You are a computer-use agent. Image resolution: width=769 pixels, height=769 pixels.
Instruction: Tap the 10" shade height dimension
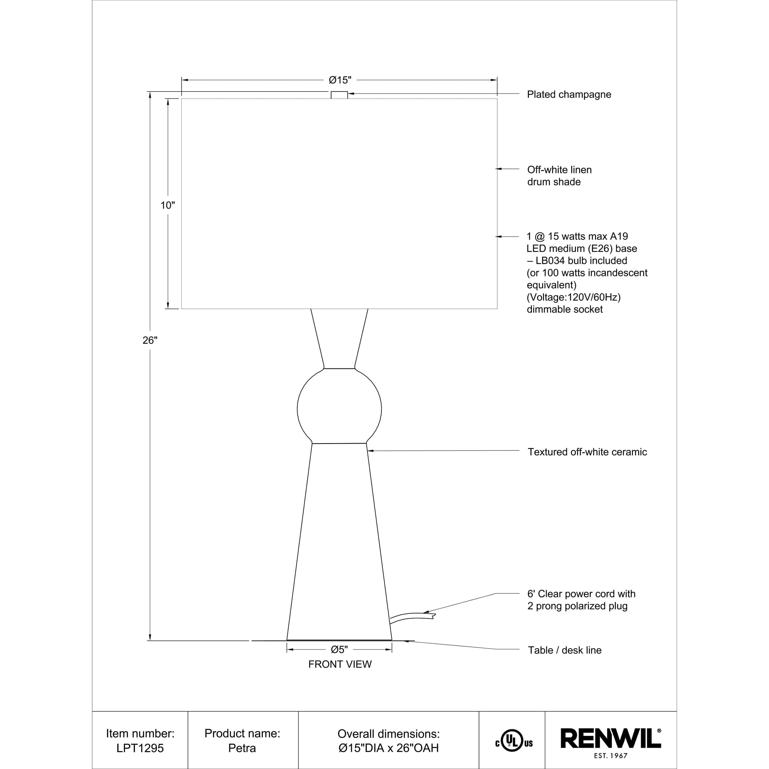(x=168, y=205)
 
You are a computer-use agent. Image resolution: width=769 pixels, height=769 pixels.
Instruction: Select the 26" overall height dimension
(x=150, y=340)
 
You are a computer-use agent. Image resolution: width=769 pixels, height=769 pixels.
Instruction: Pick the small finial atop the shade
(x=339, y=95)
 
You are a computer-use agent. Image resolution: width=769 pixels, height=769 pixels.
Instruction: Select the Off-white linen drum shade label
(x=559, y=176)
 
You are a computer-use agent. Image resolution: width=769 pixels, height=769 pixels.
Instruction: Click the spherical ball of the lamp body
(x=339, y=409)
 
